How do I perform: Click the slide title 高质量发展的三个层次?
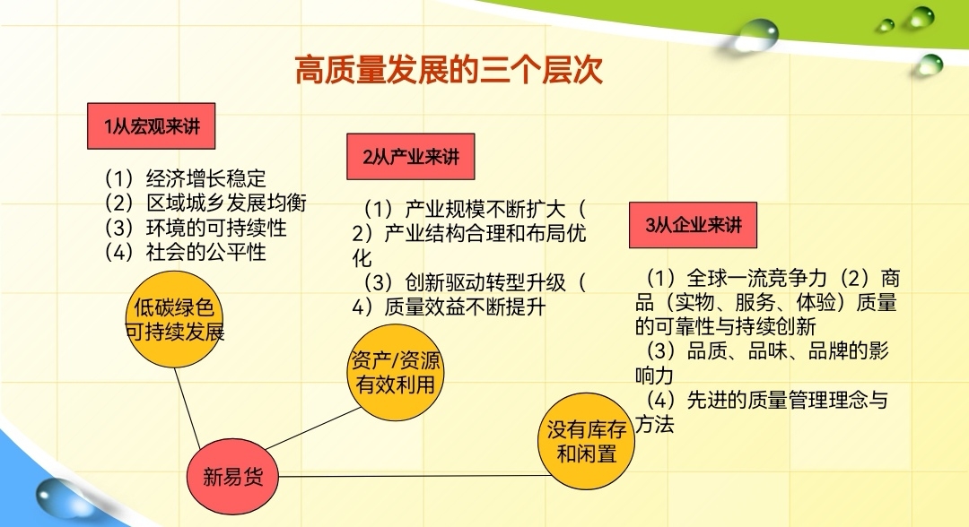pos(449,69)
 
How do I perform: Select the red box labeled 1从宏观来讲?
pos(152,125)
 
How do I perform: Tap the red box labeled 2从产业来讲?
pos(411,157)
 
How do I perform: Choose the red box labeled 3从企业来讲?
pos(693,225)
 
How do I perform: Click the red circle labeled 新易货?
pos(232,477)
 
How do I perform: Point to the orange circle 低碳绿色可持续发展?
pos(174,319)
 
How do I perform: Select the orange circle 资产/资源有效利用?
pos(396,373)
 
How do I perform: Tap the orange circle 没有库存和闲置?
pos(587,441)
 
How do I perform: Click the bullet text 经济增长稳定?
pos(205,179)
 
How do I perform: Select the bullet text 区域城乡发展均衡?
pos(226,203)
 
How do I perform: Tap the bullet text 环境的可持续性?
pos(216,228)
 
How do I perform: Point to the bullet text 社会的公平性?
pos(205,252)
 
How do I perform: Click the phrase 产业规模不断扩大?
pos(485,209)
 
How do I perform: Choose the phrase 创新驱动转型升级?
pos(485,282)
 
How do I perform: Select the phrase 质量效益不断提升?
pos(465,307)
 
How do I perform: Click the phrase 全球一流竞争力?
pos(756,279)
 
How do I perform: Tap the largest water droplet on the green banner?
pos(755,35)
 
